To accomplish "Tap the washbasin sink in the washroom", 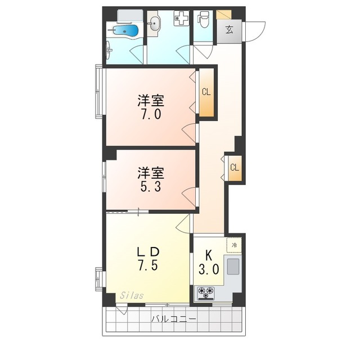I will [x=156, y=23].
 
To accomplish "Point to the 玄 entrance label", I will [x=230, y=30].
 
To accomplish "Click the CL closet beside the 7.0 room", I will [x=206, y=92].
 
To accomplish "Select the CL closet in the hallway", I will [x=235, y=167].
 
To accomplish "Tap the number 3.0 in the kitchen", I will [x=209, y=269].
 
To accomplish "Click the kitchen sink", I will [x=233, y=265].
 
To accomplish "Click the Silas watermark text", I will [x=131, y=295].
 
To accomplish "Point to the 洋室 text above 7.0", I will [x=151, y=101].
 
